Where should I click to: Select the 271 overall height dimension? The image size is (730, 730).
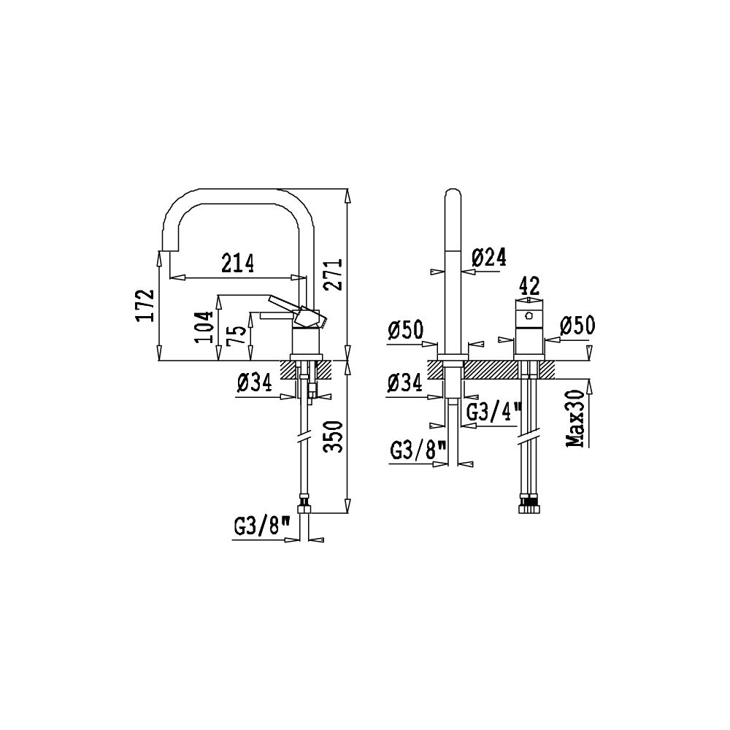pos(334,274)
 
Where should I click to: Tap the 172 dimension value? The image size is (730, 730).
pos(145,305)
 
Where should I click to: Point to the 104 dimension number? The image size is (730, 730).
pos(205,327)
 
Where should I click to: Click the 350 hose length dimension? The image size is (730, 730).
pos(334,437)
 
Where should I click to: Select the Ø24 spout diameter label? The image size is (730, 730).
pos(488,257)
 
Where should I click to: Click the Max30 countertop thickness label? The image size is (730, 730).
pos(576,418)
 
